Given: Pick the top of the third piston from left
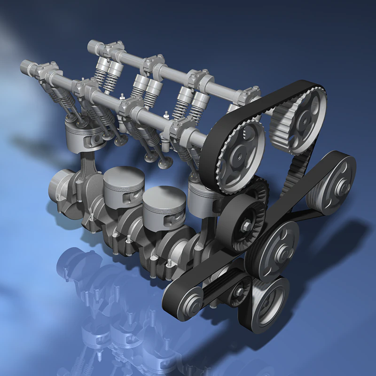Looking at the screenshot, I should (162, 197).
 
